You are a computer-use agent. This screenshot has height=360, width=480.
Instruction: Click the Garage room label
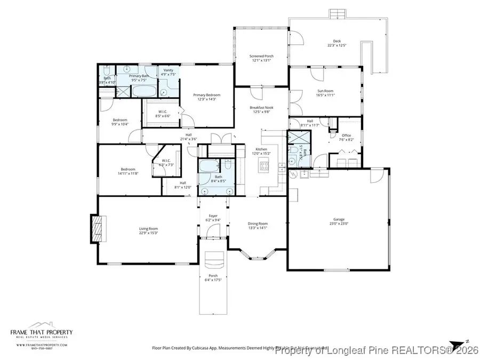pos(339,219)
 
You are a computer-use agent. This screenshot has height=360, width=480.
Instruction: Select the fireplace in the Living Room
pos(97,229)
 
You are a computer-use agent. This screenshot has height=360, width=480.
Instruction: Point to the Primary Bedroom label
pos(206,94)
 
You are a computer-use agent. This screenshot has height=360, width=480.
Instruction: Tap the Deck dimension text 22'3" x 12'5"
pos(337,45)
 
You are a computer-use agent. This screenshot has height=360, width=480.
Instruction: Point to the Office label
pos(347,135)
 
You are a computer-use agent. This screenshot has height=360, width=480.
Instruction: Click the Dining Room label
pos(258,223)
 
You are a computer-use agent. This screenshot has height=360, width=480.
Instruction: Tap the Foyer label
pos(213,216)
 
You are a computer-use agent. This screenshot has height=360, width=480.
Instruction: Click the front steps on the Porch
pos(213,261)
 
